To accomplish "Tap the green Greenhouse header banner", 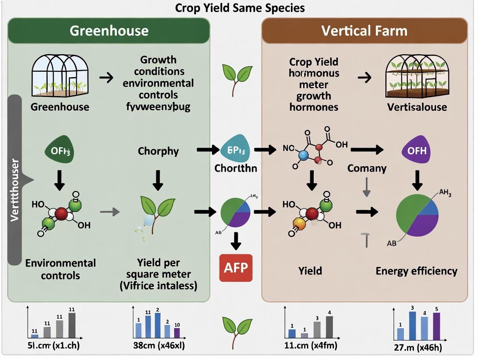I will (x=109, y=30).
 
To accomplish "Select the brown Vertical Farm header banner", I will (x=364, y=30).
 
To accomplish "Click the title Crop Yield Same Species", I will (x=239, y=7).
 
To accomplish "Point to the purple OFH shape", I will (x=417, y=151).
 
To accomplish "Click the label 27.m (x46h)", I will (x=417, y=348).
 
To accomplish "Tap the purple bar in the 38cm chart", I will (x=177, y=332).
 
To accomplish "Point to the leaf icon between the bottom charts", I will (x=236, y=328).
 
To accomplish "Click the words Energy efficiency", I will (x=417, y=271).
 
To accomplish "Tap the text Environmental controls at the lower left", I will (x=60, y=269).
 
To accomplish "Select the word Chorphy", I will (x=158, y=151).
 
